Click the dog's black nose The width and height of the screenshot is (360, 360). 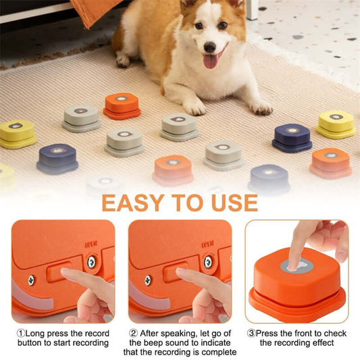[210, 47]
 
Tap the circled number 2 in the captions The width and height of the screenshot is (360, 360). [134, 333]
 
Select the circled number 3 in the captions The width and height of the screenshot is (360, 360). [251, 334]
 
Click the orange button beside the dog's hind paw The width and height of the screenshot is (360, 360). [122, 104]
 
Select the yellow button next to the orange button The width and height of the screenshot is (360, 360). [336, 122]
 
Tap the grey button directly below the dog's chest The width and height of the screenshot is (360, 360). [179, 125]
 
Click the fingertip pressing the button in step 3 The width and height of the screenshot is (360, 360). [294, 264]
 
